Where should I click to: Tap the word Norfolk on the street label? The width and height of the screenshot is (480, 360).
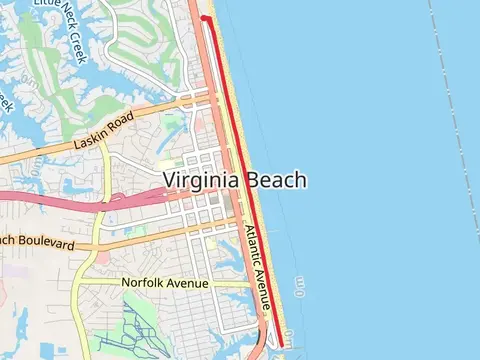[x=145, y=283]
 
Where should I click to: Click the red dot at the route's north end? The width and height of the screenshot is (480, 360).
[x=204, y=18]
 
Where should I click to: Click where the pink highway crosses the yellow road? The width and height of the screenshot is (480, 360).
[x=100, y=207]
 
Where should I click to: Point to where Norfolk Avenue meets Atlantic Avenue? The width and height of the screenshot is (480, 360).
[x=251, y=284]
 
